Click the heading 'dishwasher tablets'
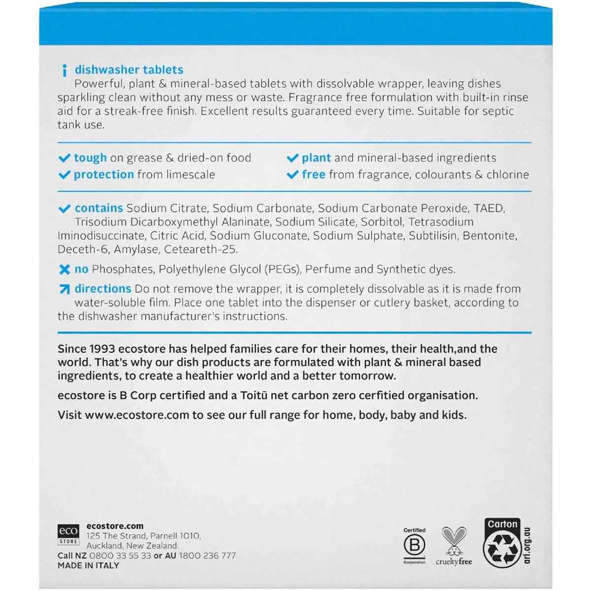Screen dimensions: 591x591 (129, 70)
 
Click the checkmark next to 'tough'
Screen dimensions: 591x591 (64, 158)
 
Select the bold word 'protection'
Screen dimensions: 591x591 (104, 174)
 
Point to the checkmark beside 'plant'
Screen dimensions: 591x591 (293, 158)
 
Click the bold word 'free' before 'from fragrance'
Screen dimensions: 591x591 (314, 174)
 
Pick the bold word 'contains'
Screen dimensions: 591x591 (98, 208)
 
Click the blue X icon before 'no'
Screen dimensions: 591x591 (64, 269)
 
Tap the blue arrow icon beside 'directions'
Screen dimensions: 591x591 (64, 289)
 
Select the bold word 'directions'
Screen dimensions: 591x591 (103, 289)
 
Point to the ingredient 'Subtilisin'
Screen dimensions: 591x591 (433, 235)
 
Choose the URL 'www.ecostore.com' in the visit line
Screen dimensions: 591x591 (137, 415)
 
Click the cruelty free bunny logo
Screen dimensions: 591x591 (454, 546)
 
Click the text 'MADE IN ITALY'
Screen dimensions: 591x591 (88, 565)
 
